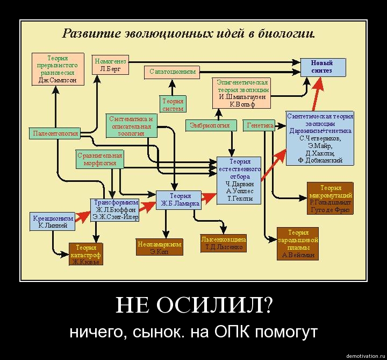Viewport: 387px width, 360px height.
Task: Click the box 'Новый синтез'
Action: [322, 67]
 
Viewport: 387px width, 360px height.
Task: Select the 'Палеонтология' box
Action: [55, 133]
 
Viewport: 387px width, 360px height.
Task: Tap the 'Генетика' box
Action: [259, 125]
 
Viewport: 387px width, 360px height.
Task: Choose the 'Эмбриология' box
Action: [210, 125]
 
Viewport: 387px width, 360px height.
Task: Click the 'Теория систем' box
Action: [173, 104]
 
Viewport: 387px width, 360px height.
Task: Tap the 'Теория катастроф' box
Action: [85, 254]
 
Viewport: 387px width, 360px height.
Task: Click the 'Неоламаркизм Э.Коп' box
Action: [159, 248]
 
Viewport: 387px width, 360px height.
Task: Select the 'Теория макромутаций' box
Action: [330, 198]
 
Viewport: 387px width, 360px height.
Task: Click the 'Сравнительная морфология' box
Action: [99, 159]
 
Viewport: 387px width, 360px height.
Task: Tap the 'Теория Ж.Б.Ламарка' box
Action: [178, 200]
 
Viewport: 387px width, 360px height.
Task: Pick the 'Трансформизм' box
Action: [115, 210]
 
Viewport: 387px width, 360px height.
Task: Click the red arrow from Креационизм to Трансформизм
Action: [82, 216]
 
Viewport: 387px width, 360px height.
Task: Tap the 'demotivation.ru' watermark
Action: [365, 356]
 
